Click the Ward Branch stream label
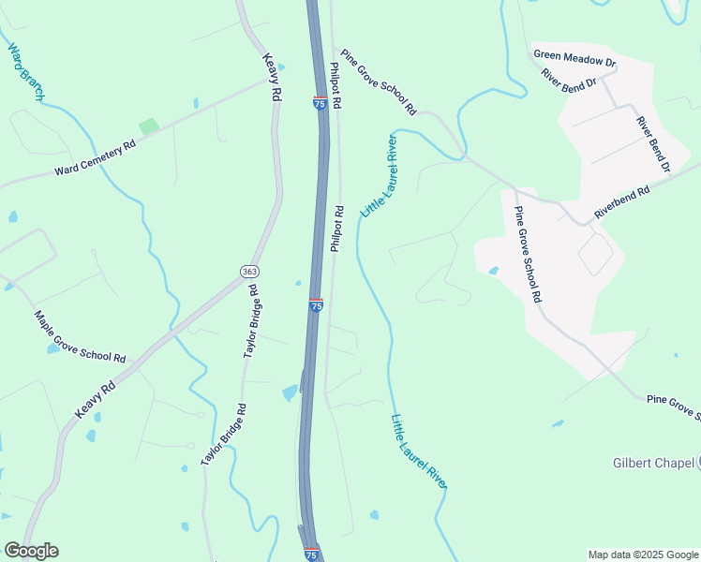point(26,71)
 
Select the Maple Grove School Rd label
point(81,337)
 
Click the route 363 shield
point(248,272)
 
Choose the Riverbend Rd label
point(621,204)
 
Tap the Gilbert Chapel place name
point(651,463)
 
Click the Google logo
point(31,551)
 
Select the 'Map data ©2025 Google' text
point(644,555)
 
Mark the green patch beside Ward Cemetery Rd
point(148,126)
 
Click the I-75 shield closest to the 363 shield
point(316,305)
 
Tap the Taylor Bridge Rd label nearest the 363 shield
point(251,320)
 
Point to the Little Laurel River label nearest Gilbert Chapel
point(419,451)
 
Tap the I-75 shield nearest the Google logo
point(310,555)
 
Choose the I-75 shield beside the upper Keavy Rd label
point(320,103)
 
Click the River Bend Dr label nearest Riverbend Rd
point(653,144)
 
